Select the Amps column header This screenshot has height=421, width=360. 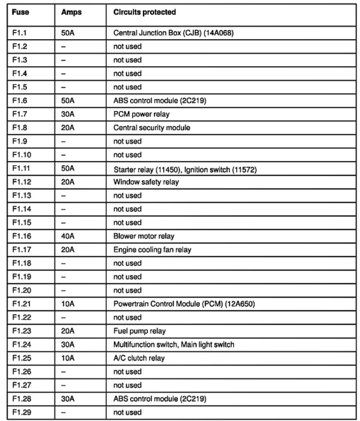(71, 12)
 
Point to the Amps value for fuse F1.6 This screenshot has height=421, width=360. (68, 101)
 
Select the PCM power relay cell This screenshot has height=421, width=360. (141, 114)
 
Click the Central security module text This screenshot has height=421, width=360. (151, 128)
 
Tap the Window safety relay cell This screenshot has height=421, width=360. (146, 182)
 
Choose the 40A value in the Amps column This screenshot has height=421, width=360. (68, 236)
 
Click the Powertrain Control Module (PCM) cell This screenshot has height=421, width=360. (184, 304)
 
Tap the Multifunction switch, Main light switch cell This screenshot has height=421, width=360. (173, 344)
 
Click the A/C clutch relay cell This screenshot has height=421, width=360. (139, 358)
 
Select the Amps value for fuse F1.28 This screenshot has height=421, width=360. (68, 399)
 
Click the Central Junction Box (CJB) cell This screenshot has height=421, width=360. (173, 33)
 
